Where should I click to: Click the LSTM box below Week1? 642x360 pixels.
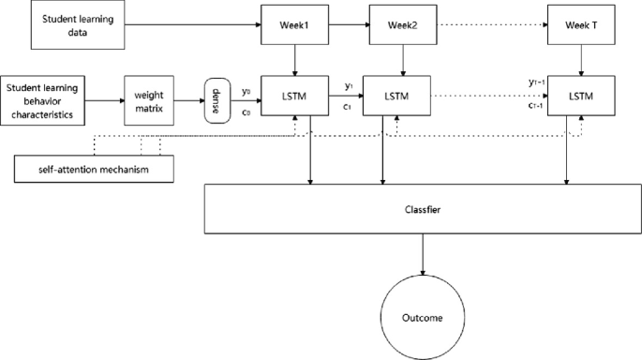295,96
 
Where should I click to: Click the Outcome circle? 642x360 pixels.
424,316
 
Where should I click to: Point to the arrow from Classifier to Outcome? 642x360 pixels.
424,256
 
